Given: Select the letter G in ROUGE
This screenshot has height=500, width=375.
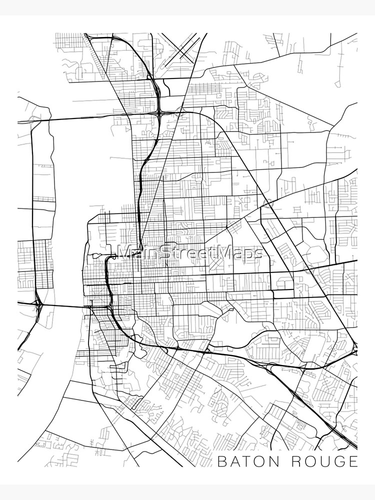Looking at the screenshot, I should [x=341, y=461].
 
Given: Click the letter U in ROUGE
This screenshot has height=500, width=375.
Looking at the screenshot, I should [x=327, y=461].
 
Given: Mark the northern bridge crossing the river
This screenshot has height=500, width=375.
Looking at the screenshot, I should [x=85, y=118].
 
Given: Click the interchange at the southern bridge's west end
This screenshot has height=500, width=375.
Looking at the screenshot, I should [x=38, y=303].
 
